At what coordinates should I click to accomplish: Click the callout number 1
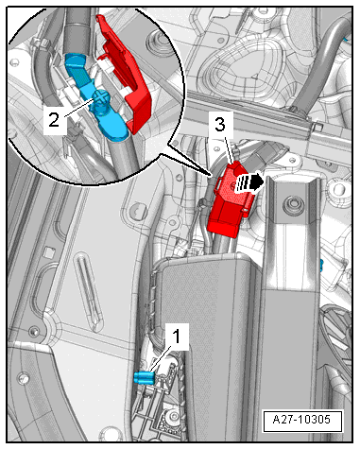coord(178,337)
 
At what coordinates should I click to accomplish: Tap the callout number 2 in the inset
coord(54,119)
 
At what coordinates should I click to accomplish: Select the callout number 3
coord(220,124)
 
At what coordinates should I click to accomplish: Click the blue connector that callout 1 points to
coord(145,377)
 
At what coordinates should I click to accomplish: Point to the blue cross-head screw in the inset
coord(102,96)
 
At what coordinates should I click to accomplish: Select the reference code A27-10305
coord(302,420)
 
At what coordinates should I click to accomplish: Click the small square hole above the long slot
coord(48,251)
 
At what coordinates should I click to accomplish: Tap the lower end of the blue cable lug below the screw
coord(116,131)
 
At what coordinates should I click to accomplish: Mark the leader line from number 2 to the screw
coord(78,108)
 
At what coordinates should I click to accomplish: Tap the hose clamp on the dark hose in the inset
coord(41,43)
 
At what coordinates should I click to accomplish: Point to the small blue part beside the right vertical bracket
coord(321,266)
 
